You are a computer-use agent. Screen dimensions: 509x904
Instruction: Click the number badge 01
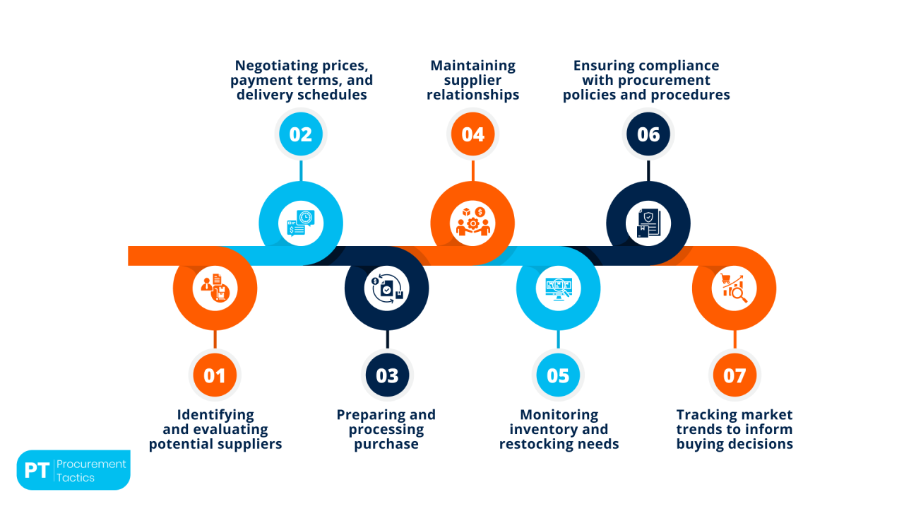click(x=215, y=375)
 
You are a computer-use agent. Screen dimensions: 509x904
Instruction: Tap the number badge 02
click(x=300, y=134)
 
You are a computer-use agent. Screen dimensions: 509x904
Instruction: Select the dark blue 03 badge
click(x=386, y=375)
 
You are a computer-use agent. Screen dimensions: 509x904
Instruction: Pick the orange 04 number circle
click(x=472, y=134)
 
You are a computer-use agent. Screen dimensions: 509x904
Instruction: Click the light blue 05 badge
click(x=558, y=375)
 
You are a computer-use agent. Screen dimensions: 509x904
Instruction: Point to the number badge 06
click(x=648, y=134)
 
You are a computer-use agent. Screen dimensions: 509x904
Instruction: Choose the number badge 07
click(x=734, y=375)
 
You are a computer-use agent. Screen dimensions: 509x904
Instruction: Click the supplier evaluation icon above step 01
click(x=215, y=288)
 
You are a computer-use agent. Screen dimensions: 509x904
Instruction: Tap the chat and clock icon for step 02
click(x=300, y=223)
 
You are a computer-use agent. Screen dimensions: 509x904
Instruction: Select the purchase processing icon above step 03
click(x=386, y=288)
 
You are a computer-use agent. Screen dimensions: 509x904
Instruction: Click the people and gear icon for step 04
click(x=472, y=223)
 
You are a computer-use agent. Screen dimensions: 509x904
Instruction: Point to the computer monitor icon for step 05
click(x=558, y=288)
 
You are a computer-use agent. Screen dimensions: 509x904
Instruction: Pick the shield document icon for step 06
click(x=648, y=223)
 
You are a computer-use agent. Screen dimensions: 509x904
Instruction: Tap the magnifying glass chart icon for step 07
click(x=734, y=288)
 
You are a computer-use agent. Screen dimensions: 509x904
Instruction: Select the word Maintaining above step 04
click(x=472, y=66)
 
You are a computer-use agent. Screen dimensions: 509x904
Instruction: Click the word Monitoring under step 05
click(x=559, y=415)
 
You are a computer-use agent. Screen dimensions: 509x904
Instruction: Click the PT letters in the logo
click(x=36, y=471)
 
